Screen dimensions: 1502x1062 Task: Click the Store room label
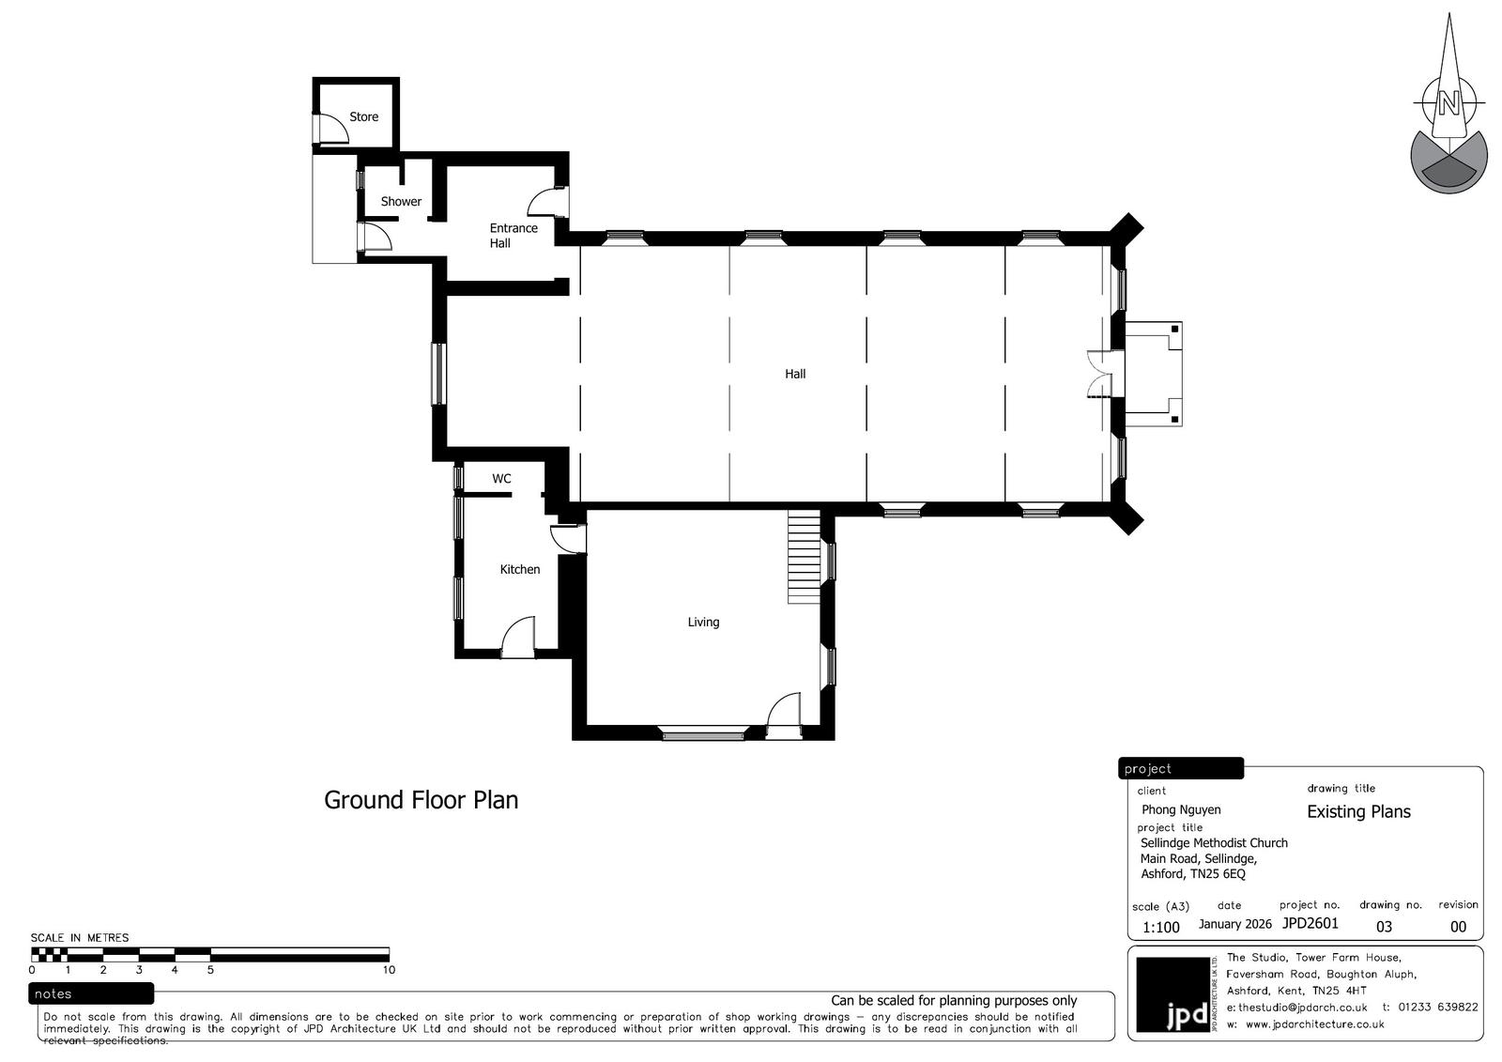363,116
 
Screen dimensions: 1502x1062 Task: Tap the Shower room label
401,201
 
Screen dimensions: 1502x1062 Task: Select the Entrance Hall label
513,236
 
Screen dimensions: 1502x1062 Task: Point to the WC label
501,478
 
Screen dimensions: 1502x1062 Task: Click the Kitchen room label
520,570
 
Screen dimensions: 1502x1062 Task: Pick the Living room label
703,622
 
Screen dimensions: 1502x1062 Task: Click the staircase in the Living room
804,557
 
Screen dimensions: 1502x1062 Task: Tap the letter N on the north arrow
1448,104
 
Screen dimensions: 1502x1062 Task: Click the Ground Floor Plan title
421,800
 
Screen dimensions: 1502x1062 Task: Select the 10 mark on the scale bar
389,969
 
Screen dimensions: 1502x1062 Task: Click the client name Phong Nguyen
1181,809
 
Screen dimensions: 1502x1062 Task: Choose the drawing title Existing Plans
1358,812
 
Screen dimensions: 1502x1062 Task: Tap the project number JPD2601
1310,923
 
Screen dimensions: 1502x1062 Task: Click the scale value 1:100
1160,927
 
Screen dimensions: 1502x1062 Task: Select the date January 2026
1235,924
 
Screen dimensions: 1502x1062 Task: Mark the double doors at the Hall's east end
1099,375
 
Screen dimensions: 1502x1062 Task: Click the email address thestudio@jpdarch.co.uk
1302,1008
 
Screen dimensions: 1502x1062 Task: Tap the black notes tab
91,993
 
